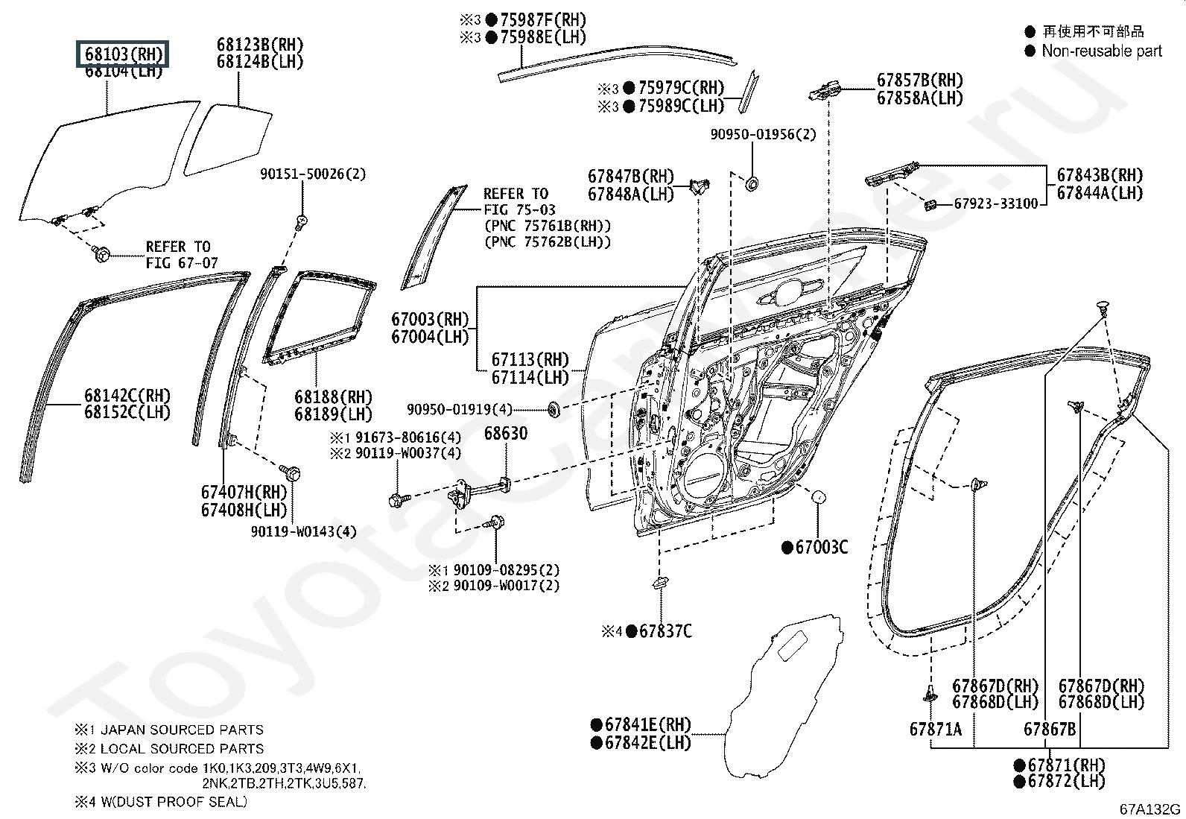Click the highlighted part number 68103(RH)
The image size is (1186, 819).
[123, 54]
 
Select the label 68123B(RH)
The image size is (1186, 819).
[260, 45]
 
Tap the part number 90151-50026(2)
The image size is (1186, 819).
[313, 174]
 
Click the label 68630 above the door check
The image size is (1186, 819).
[506, 433]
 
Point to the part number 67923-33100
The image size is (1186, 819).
[996, 204]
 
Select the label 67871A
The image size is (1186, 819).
[936, 730]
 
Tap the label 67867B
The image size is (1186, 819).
[1050, 730]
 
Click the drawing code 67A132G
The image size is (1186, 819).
[1149, 809]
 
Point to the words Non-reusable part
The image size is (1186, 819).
[1101, 51]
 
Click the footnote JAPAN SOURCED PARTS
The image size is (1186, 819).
[182, 730]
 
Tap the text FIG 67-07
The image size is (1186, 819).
[182, 263]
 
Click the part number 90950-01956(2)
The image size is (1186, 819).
[763, 135]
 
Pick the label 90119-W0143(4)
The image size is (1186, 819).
[303, 531]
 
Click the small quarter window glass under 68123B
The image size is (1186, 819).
[228, 139]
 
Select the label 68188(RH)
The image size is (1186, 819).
[334, 396]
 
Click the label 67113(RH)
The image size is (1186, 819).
[530, 360]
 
